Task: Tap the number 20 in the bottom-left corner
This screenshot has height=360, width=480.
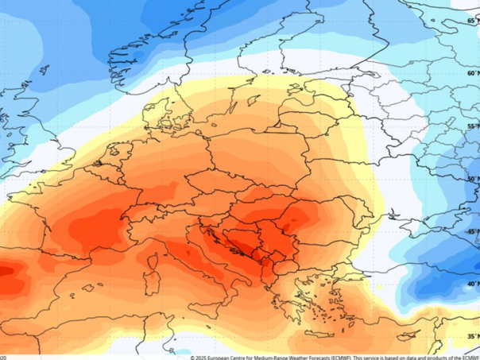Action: [3, 357]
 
